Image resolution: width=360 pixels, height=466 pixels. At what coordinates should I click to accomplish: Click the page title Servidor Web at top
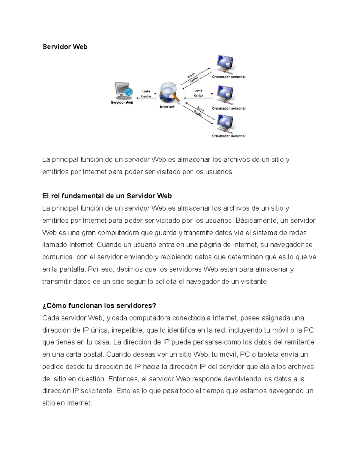[65, 47]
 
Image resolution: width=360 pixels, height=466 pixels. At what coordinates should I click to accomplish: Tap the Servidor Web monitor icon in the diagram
[123, 91]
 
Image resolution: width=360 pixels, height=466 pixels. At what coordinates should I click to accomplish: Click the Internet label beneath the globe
[167, 107]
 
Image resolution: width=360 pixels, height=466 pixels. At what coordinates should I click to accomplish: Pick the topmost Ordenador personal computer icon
[226, 64]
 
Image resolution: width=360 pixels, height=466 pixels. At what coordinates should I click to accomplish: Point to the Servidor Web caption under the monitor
[122, 103]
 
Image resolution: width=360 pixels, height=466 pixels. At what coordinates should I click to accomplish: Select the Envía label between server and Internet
[146, 91]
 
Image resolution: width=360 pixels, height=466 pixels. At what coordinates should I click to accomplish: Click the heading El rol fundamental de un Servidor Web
[107, 196]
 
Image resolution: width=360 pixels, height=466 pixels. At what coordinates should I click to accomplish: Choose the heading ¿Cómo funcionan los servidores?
[99, 306]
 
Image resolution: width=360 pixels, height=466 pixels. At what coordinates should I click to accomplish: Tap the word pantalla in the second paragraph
[72, 269]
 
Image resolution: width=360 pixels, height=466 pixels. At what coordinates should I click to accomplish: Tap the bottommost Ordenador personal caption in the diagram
[229, 136]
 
